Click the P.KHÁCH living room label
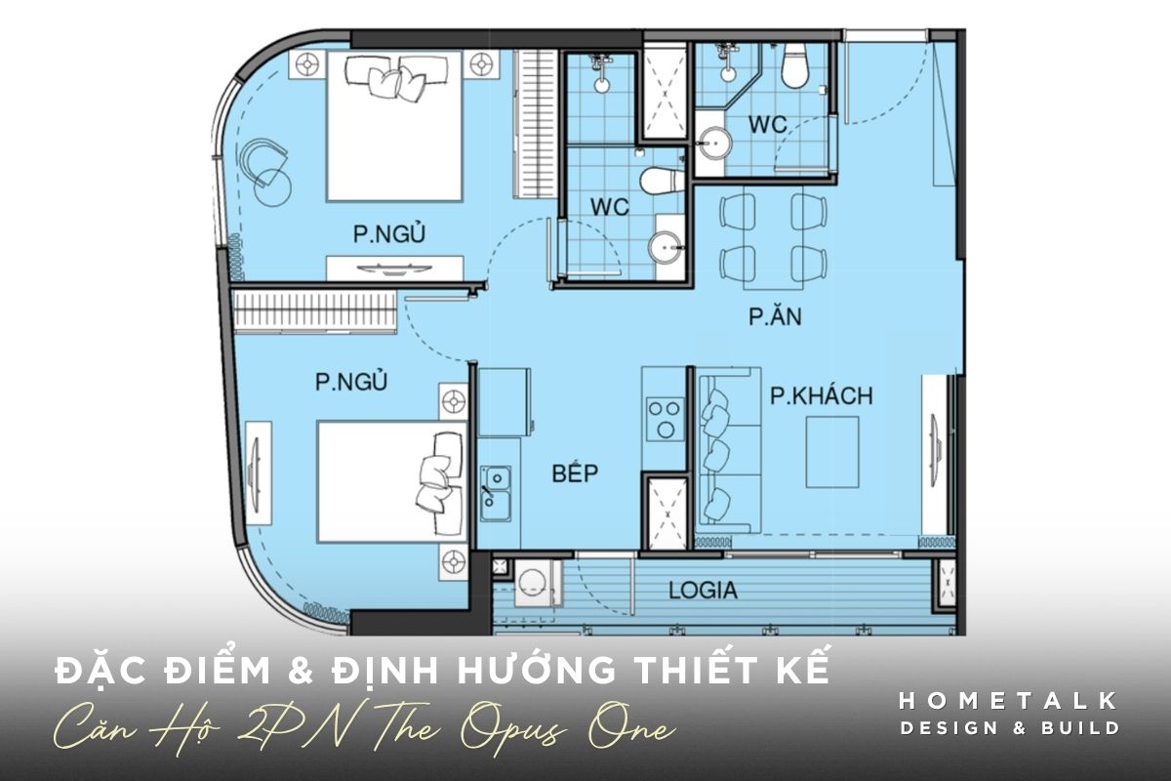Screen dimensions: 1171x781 click(x=822, y=396)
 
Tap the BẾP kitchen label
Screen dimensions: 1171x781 click(x=575, y=473)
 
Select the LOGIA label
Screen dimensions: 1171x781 click(x=704, y=591)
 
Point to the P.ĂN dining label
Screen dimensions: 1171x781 click(x=775, y=316)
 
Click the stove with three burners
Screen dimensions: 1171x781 click(x=665, y=419)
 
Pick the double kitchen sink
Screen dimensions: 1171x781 click(x=496, y=493)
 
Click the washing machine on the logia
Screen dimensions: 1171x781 click(x=537, y=583)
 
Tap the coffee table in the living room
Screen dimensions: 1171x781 click(x=832, y=452)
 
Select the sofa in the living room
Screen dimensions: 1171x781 click(x=728, y=450)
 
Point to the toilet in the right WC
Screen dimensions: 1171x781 click(x=794, y=66)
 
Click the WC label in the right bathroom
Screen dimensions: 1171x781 click(x=768, y=125)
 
